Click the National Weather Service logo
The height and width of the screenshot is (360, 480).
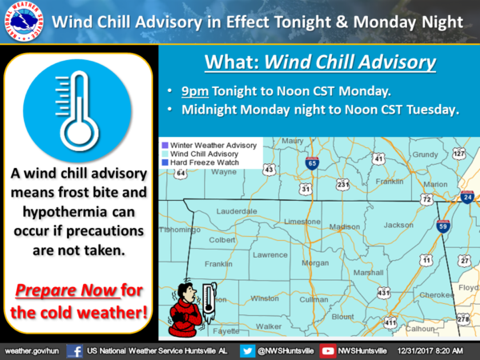tap(23, 22)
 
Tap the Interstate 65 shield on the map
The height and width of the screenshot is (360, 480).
tap(312, 163)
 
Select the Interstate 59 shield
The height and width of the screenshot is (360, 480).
tap(443, 226)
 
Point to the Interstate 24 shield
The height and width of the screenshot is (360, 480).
tap(467, 197)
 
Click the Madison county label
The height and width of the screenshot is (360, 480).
tap(344, 227)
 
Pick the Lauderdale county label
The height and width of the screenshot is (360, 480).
tap(237, 211)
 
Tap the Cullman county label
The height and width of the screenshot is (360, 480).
tap(314, 299)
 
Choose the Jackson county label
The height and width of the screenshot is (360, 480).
tap(398, 226)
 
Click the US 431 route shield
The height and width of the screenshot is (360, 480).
tap(383, 293)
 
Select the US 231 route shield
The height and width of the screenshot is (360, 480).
tap(342, 185)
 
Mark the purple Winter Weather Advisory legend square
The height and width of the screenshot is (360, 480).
tap(165, 145)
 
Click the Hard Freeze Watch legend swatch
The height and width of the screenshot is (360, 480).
tap(165, 162)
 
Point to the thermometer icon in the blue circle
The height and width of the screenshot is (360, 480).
tap(78, 110)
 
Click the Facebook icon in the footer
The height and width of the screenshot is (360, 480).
tap(74, 351)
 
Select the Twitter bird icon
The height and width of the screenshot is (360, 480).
tap(247, 351)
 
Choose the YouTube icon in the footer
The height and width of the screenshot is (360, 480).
tap(327, 351)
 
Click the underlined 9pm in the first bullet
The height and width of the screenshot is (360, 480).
tap(195, 91)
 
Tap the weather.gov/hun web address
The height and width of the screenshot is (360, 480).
tap(31, 351)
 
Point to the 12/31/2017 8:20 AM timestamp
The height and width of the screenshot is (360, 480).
tap(430, 351)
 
